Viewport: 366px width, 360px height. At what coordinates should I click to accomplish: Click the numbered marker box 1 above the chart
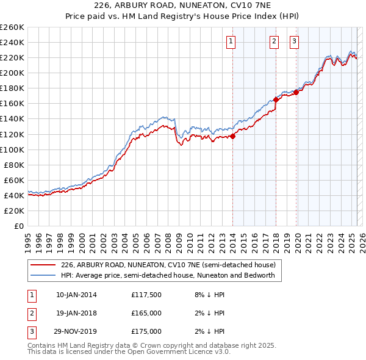[x=232, y=41]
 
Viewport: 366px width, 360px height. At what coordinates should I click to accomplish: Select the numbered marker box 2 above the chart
[x=274, y=41]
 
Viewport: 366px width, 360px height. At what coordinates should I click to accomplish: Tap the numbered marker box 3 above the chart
[x=294, y=41]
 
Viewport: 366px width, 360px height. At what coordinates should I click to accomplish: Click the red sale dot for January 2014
[x=232, y=136]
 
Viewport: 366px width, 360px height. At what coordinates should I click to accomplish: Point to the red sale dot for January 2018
[x=276, y=99]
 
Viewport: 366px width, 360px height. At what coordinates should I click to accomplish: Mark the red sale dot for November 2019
[x=296, y=92]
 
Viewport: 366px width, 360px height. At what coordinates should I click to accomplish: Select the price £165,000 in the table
[x=146, y=313]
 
